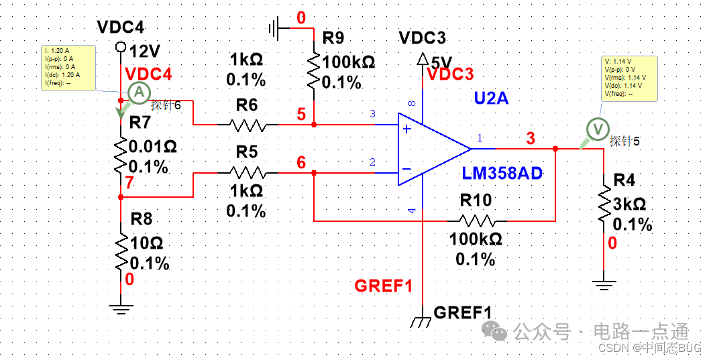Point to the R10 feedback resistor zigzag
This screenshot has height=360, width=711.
477,220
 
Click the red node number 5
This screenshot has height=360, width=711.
301,114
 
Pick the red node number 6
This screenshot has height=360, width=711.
301,162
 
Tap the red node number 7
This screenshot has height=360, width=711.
129,183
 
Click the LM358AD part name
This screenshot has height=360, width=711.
502,174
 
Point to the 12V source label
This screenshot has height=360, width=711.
147,51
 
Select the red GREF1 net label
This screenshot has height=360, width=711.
384,286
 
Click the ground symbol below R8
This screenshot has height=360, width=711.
121,309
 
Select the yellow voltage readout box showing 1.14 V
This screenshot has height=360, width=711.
629,77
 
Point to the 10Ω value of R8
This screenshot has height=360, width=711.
147,243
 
